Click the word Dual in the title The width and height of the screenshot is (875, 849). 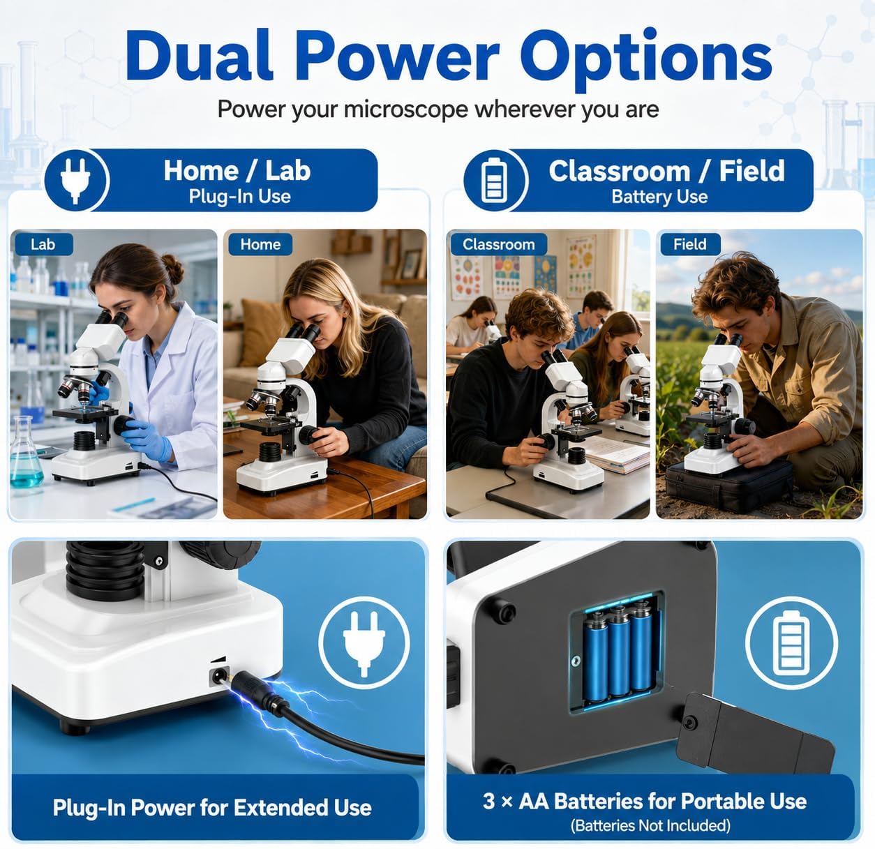(199, 56)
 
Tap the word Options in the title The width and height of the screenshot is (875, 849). (646, 59)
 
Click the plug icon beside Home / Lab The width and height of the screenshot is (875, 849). (75, 180)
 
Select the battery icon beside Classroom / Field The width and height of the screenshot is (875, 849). (494, 181)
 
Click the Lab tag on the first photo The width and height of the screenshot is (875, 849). (43, 244)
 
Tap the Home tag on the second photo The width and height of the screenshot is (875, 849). (260, 244)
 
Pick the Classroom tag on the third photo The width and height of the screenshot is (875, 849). (499, 244)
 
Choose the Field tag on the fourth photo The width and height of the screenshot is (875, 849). (690, 244)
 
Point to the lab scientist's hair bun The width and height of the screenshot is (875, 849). (173, 269)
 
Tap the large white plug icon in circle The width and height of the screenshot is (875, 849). (364, 643)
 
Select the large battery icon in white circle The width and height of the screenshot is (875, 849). (791, 643)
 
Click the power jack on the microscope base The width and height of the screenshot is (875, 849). (219, 675)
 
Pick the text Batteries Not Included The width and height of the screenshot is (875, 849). (650, 825)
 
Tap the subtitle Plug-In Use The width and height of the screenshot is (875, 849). (239, 197)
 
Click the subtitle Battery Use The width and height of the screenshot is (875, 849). (659, 197)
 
